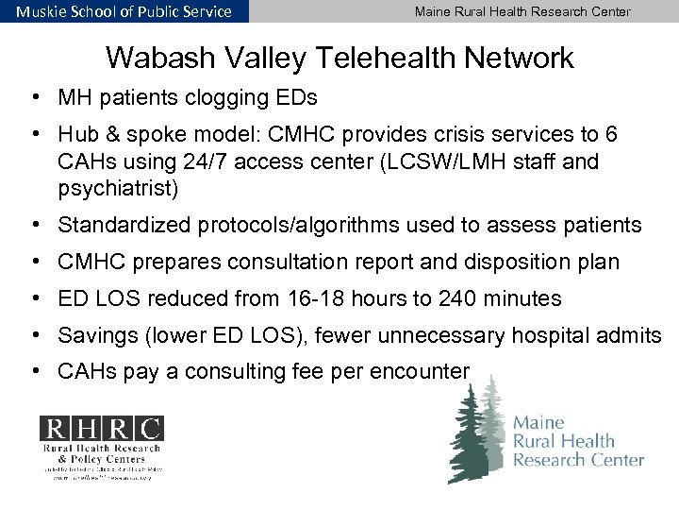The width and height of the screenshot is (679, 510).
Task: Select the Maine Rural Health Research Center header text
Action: tap(522, 11)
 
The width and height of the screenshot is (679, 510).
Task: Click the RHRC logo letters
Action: tap(100, 429)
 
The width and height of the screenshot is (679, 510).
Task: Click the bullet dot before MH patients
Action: tap(33, 97)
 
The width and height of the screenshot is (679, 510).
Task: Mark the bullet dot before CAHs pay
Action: tap(33, 371)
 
